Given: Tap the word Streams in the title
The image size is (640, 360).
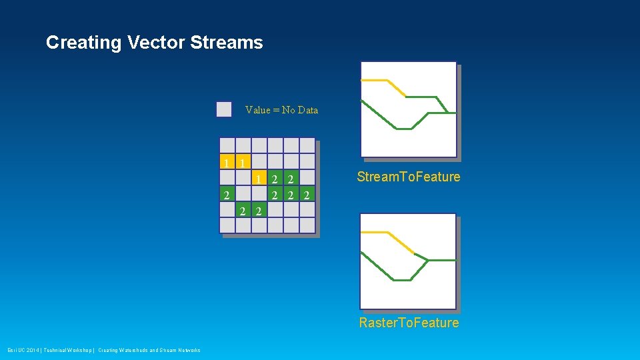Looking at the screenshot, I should [227, 43].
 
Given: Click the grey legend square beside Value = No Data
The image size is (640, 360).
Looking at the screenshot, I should [224, 109].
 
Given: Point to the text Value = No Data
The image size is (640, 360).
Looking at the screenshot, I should [281, 110].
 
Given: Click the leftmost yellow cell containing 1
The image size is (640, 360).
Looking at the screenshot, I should [227, 162].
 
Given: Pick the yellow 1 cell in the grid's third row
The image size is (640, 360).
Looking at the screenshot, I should [259, 178].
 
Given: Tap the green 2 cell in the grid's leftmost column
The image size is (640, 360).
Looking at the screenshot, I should [227, 195].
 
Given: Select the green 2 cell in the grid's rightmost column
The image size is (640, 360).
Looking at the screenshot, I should [307, 195].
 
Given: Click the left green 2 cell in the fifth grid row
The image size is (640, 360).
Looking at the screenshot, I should [243, 211].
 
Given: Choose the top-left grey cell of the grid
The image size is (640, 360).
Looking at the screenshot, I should [227, 145].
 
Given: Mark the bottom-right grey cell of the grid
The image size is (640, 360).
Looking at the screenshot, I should [307, 225].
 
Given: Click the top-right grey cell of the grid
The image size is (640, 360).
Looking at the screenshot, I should [307, 145].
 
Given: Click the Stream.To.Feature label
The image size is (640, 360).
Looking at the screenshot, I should [408, 177].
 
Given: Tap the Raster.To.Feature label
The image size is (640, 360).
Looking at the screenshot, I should [409, 323].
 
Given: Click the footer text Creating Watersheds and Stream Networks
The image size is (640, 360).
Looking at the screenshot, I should [149, 351].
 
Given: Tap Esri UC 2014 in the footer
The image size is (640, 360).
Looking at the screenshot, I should [23, 351].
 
